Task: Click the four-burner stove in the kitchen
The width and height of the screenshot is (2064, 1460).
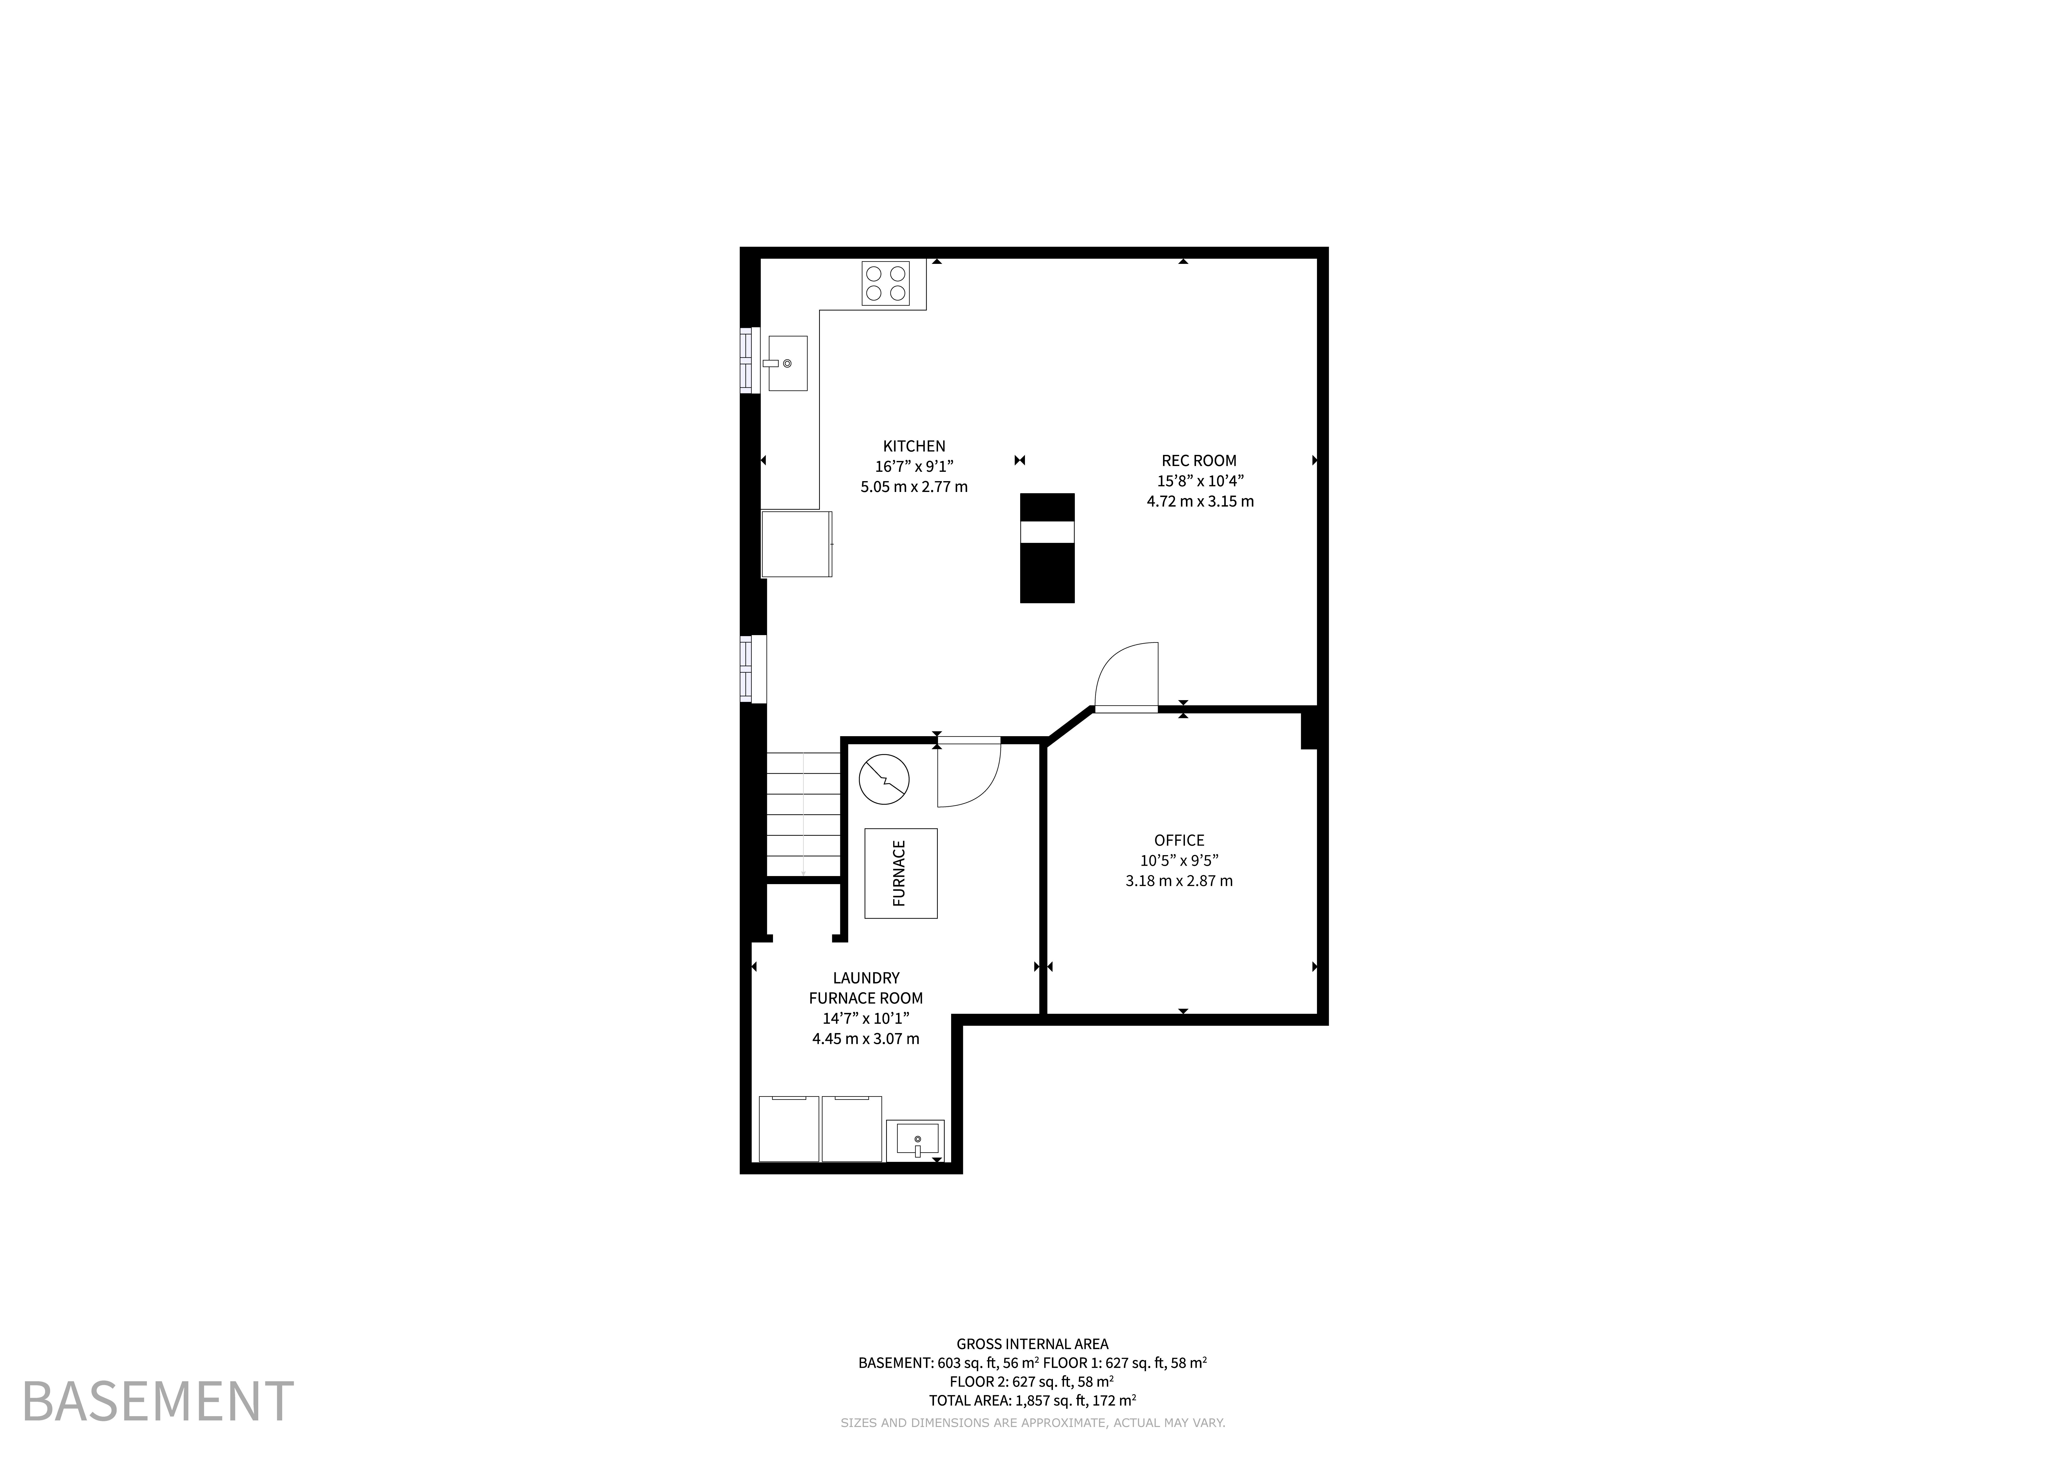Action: (x=885, y=283)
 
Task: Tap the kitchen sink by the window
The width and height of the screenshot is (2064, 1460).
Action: (x=788, y=363)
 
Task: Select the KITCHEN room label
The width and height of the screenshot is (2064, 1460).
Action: (x=914, y=446)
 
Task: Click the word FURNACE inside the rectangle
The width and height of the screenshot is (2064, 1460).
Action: (x=899, y=873)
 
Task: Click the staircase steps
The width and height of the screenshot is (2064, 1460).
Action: (x=803, y=814)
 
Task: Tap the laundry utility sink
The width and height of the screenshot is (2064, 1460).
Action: (x=915, y=1140)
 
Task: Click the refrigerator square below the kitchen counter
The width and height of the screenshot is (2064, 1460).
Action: (x=796, y=544)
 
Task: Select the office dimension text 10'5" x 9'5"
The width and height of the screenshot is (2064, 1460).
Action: (x=1179, y=860)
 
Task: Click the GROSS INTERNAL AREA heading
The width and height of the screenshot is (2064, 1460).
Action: (x=1032, y=1344)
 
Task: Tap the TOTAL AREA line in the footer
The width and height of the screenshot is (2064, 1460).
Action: (x=1032, y=1400)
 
